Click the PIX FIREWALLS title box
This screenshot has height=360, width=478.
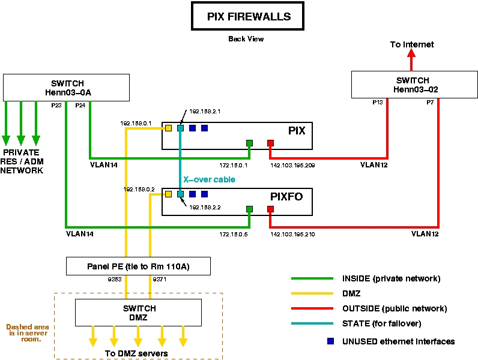click(249, 17)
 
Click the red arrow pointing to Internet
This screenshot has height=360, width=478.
click(412, 60)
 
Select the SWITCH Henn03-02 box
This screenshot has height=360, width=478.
click(413, 85)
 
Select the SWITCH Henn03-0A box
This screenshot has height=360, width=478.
click(67, 88)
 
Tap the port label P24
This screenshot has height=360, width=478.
click(80, 105)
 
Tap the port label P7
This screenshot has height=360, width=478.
click(431, 103)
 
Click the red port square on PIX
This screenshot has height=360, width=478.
click(270, 143)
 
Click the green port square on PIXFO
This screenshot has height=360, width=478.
click(249, 209)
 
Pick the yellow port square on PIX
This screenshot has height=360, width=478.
click(168, 128)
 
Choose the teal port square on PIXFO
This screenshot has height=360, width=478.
click(180, 194)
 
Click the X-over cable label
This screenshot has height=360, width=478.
click(209, 179)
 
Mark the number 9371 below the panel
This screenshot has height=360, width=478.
click(160, 280)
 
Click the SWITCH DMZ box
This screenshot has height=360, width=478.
click(138, 312)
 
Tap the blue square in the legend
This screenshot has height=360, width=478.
click(330, 341)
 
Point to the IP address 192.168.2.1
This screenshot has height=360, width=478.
click(205, 112)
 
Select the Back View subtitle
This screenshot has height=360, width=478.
click(246, 39)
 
